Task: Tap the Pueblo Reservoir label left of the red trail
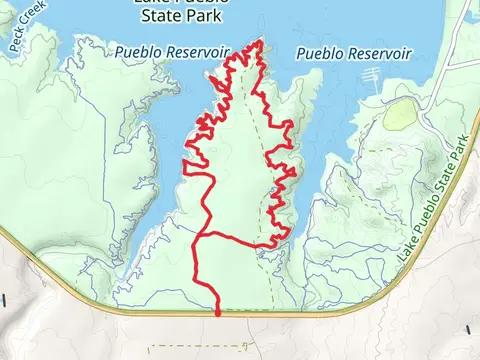coord(172,50)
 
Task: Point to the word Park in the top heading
coord(204,16)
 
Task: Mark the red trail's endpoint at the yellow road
coord(218,312)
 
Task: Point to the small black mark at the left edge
coord(3,299)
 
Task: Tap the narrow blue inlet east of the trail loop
coord(310,190)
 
